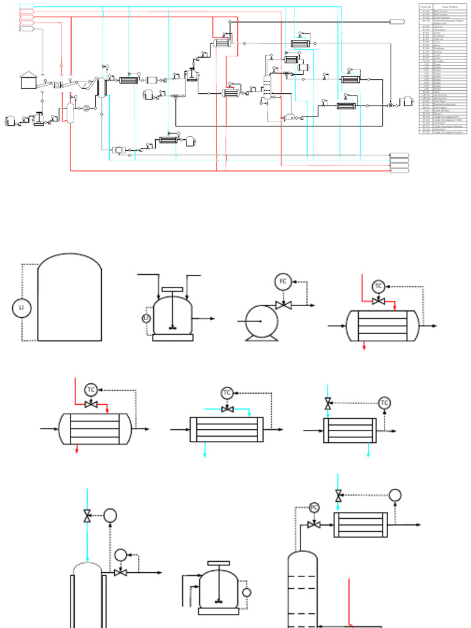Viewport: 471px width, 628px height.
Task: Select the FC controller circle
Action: (x=283, y=281)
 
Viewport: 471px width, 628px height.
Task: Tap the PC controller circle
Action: (x=314, y=507)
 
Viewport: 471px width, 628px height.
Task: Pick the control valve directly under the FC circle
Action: (x=283, y=305)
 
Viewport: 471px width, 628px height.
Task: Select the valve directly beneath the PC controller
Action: (x=314, y=525)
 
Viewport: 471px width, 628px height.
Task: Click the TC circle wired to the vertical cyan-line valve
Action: (x=385, y=403)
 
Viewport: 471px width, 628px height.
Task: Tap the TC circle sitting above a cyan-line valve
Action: (x=227, y=392)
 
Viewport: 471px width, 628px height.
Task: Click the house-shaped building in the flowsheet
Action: (x=28, y=79)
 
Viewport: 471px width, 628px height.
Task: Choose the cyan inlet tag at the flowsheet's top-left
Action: (x=26, y=7)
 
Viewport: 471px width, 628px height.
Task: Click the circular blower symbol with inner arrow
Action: (x=86, y=108)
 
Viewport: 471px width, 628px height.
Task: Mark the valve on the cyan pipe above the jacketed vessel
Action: (x=88, y=516)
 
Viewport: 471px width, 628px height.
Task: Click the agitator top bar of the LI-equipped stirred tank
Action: (x=170, y=289)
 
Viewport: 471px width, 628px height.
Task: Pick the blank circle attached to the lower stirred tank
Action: (x=247, y=592)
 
